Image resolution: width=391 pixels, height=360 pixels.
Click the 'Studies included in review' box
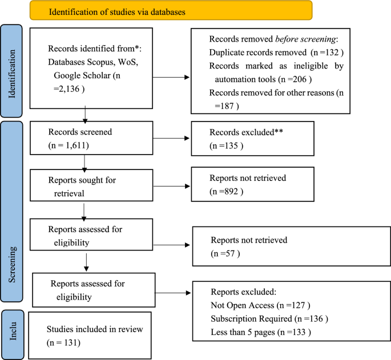pyautogui.click(x=89, y=335)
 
